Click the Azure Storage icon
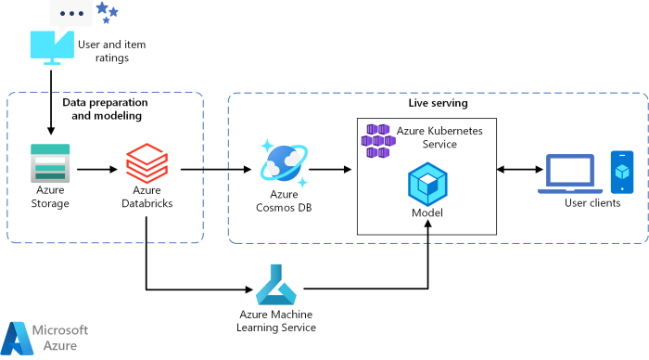50,161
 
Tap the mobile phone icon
622,173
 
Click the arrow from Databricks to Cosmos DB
216,169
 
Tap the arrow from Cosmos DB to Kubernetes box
329,169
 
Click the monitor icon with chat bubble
56,37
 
